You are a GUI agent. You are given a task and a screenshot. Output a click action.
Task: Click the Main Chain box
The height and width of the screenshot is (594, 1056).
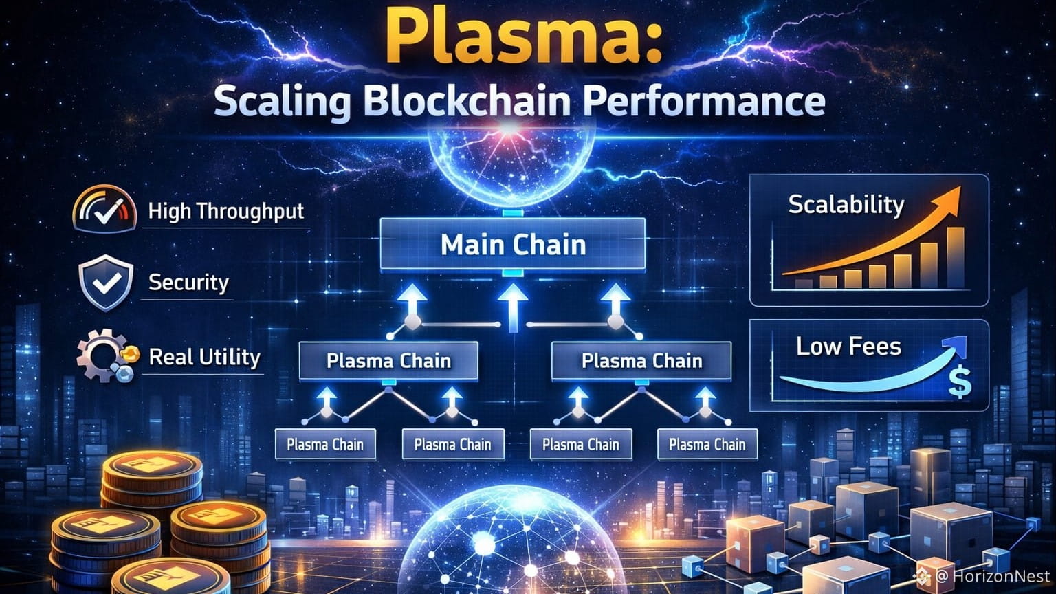[x=513, y=245]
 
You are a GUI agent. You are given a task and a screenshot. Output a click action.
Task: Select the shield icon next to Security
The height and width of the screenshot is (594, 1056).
[x=105, y=283]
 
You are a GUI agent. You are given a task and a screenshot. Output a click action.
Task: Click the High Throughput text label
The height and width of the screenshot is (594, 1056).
[x=226, y=211]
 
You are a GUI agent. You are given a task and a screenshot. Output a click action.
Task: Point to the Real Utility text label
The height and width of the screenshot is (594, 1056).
[x=205, y=357]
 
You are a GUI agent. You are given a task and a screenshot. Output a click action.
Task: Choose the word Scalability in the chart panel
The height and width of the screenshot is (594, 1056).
[x=846, y=204]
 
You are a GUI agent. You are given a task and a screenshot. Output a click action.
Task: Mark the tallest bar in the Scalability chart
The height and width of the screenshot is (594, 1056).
[x=955, y=257]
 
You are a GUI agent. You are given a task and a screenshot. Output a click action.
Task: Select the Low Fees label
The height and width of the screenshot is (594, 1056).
[x=848, y=346]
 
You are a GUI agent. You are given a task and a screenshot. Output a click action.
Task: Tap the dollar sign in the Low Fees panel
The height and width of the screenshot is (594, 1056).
[x=960, y=383]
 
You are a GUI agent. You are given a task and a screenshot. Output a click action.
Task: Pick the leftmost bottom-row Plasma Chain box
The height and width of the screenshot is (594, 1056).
[x=325, y=445]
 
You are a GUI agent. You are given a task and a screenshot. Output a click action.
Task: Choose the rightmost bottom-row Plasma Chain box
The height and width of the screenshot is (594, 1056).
[x=707, y=445]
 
